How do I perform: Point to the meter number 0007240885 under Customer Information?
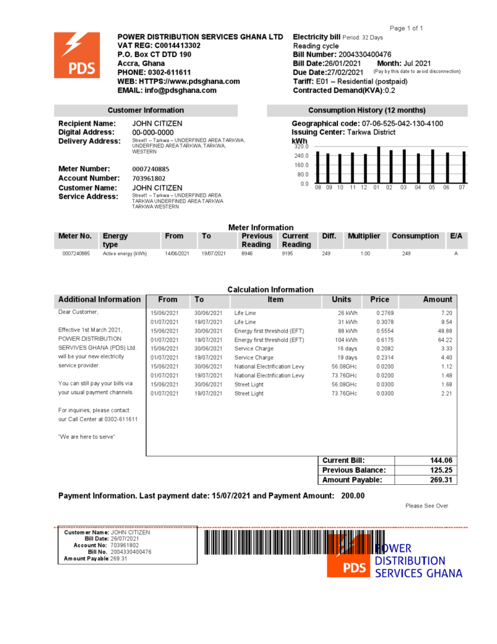tap(151, 169)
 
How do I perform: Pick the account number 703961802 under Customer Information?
tap(148, 178)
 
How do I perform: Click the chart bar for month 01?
tap(378, 165)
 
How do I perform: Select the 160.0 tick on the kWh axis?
tap(302, 165)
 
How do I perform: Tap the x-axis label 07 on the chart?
tap(462, 187)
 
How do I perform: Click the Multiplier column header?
tap(364, 236)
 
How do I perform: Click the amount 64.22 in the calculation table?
tap(445, 340)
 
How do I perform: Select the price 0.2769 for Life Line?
tap(385, 313)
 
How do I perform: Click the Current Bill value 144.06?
tap(440, 460)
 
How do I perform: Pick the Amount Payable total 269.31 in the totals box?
tap(440, 480)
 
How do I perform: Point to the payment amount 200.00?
tap(352, 496)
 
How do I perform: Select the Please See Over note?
tap(427, 506)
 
